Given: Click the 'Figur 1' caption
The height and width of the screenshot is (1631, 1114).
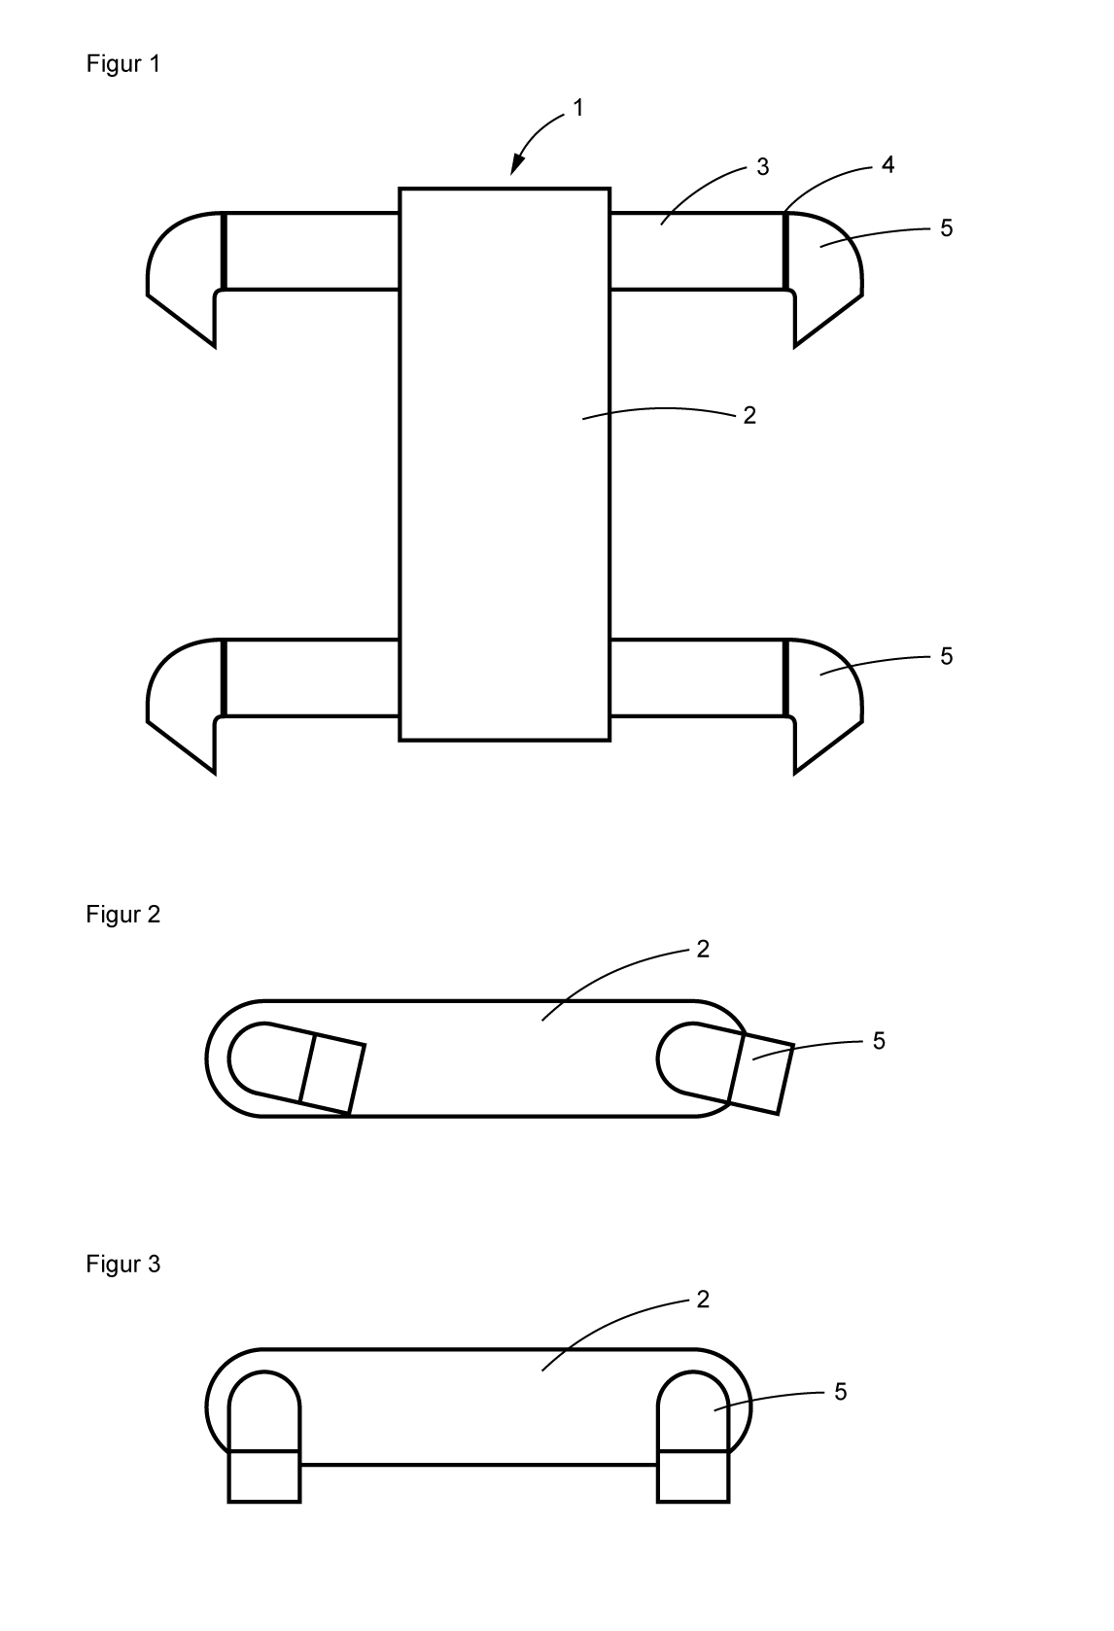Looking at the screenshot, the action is (x=122, y=64).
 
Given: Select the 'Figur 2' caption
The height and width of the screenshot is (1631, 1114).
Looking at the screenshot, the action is (x=122, y=915).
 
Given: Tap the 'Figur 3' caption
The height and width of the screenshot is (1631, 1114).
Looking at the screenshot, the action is (x=122, y=1265).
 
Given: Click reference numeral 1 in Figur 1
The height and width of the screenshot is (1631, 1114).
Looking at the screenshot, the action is (x=578, y=108).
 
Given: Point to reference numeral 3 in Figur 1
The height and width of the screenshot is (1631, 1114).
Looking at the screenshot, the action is (x=763, y=167).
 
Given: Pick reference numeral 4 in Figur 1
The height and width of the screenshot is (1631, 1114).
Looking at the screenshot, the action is (x=888, y=164).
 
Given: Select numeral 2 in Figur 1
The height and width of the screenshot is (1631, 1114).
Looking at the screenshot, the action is (x=748, y=415).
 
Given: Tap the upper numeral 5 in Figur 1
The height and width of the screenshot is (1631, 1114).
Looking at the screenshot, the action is (x=946, y=227).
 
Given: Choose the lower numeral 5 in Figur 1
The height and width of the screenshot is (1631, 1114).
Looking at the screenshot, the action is (x=946, y=656).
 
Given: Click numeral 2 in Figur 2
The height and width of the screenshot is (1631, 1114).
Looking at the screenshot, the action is (x=703, y=949).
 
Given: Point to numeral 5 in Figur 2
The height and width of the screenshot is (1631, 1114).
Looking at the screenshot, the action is (x=879, y=1041).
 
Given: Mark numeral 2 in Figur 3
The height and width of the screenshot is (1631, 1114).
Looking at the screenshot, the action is (x=703, y=1299).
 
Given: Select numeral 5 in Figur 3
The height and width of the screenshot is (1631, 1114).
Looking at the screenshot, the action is (x=840, y=1392).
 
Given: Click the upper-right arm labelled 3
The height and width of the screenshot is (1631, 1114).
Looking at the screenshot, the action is (x=696, y=251).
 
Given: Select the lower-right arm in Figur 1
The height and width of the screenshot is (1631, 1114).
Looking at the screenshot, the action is (x=696, y=678).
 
